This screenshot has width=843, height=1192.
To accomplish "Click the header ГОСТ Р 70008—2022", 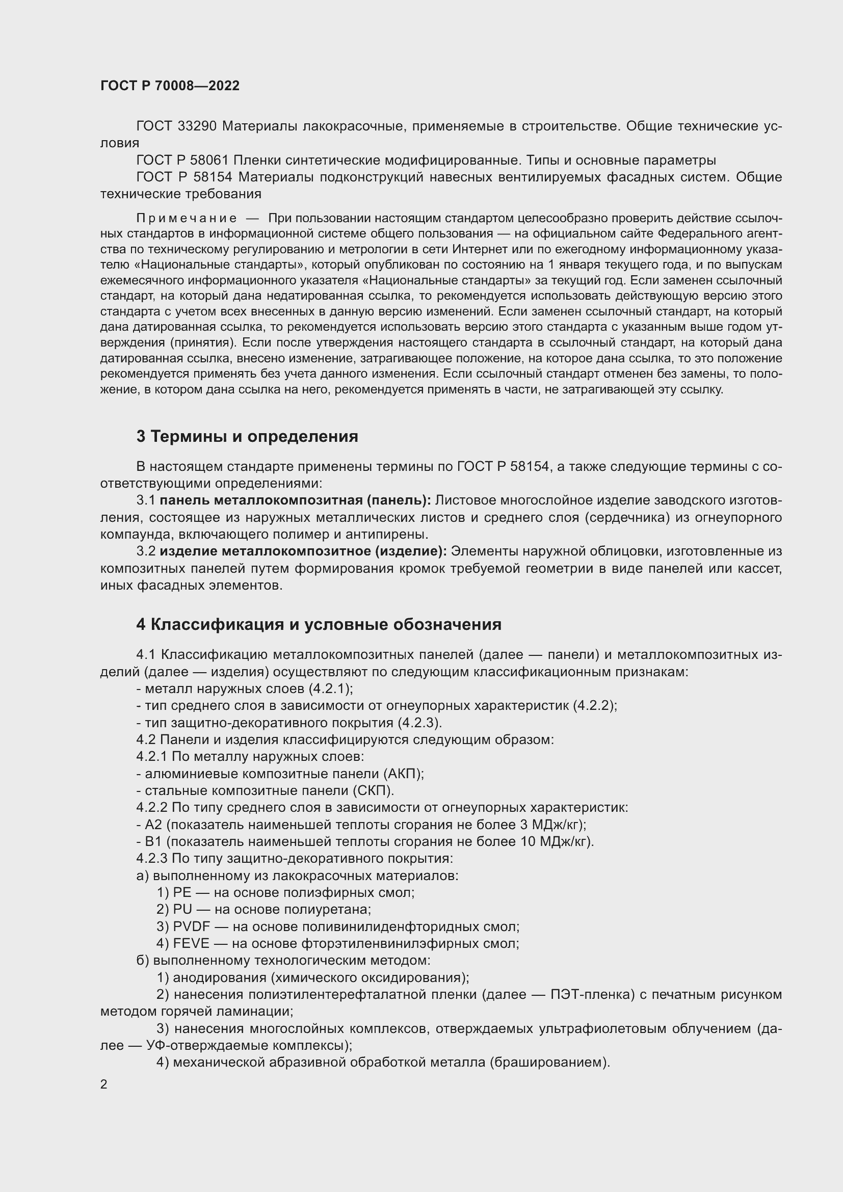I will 170,86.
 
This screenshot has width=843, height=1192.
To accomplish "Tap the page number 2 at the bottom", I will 104,1084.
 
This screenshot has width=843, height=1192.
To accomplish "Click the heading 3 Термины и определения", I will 247,437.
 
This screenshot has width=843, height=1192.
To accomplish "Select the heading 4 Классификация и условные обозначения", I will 319,625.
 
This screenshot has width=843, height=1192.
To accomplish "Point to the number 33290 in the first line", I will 197,126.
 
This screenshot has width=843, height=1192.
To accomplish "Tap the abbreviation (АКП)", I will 404,774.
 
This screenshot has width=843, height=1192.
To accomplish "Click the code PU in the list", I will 183,910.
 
